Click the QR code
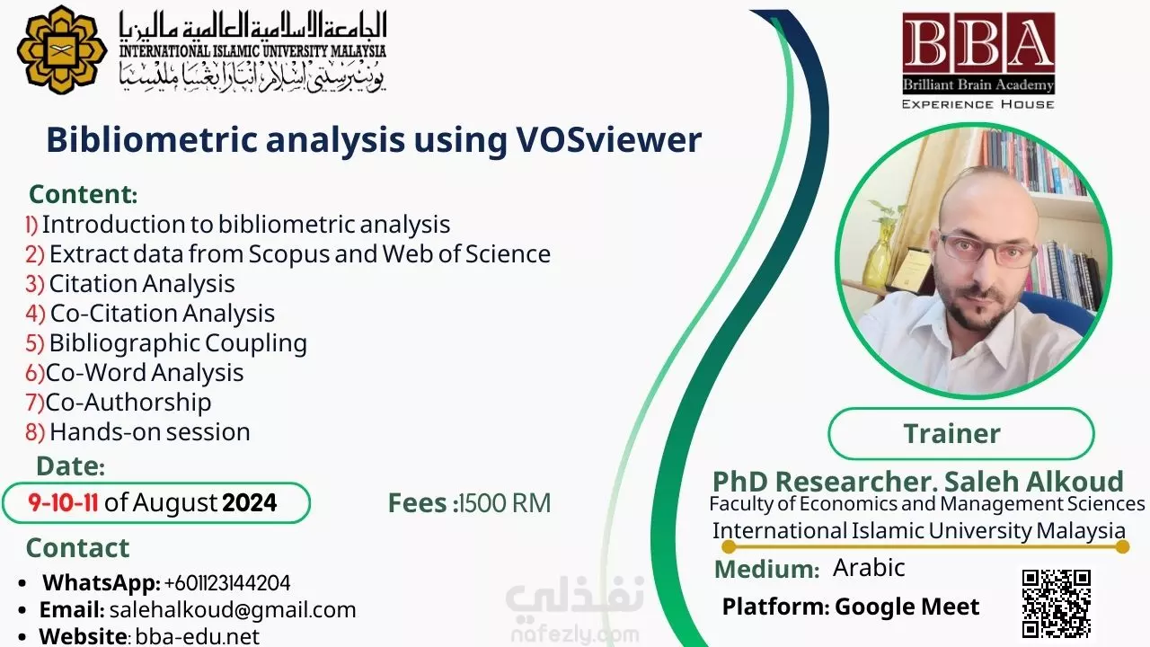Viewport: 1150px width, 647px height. pyautogui.click(x=1056, y=603)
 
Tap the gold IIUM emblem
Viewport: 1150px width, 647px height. pyautogui.click(x=62, y=49)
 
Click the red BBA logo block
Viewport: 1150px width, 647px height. pyautogui.click(x=978, y=53)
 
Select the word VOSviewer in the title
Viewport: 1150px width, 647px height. pyautogui.click(x=609, y=139)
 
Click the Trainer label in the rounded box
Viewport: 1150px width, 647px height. pyautogui.click(x=951, y=433)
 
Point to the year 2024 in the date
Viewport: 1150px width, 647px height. pyautogui.click(x=250, y=502)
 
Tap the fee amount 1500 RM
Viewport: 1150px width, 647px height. pyautogui.click(x=505, y=502)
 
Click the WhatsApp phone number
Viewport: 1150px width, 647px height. pyautogui.click(x=227, y=583)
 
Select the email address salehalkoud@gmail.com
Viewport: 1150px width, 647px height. pyautogui.click(x=233, y=610)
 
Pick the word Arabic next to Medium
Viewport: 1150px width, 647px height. pyautogui.click(x=869, y=567)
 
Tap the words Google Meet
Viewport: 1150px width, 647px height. pyautogui.click(x=907, y=607)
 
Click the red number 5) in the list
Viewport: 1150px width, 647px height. pyautogui.click(x=35, y=343)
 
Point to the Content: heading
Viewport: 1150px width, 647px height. pyautogui.click(x=84, y=194)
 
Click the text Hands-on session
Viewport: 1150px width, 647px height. pyautogui.click(x=150, y=432)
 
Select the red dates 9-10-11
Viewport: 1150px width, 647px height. pyautogui.click(x=63, y=502)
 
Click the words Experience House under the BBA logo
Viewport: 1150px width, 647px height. pyautogui.click(x=978, y=104)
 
